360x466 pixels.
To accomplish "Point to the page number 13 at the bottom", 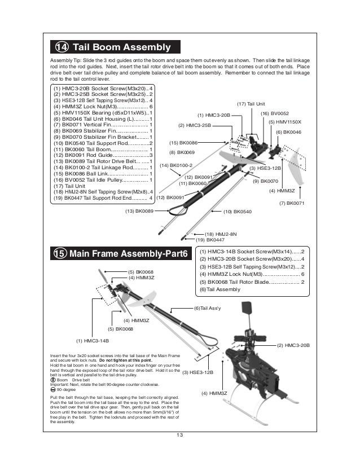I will click(179, 434).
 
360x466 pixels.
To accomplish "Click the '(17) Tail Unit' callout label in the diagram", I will click(251, 104).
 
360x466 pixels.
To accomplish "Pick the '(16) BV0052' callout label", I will click(274, 113).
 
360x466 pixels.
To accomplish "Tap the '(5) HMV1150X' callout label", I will click(284, 122).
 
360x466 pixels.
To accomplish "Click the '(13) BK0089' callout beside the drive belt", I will click(139, 211).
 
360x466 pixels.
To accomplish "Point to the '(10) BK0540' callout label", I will click(238, 211).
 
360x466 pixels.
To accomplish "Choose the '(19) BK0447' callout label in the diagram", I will click(217, 240).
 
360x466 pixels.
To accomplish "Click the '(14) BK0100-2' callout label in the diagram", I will click(176, 165).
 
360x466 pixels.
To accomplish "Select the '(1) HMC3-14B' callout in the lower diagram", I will click(92, 341).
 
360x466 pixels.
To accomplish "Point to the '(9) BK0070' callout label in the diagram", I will click(266, 181).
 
